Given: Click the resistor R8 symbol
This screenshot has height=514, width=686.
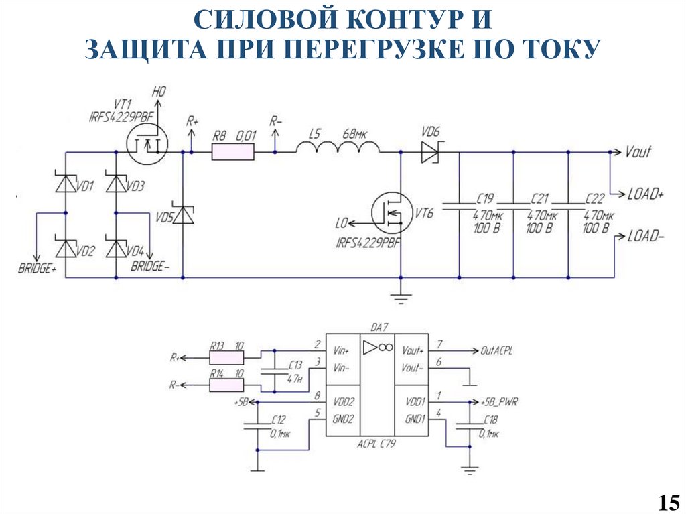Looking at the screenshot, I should pos(233,153).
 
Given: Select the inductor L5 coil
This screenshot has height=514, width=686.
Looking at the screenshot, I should pos(338,148).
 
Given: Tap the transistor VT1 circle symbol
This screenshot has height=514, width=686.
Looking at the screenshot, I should pos(147,146).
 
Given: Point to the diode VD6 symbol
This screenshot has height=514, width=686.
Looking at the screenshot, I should pos(430,153).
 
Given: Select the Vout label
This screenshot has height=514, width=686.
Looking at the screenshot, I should pos(638,152).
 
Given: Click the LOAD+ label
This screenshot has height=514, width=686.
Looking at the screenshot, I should pos(645,194).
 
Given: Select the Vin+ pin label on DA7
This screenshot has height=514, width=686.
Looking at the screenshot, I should pos(342,351).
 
